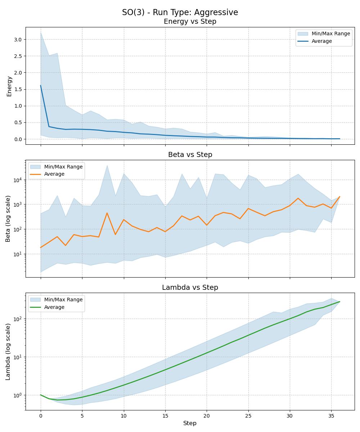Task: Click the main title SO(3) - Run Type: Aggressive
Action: (180, 12)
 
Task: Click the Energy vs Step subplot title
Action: (190, 22)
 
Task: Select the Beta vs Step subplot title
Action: (190, 154)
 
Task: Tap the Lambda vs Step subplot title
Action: (190, 287)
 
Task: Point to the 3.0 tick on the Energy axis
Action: (18, 39)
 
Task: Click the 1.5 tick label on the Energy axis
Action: (18, 89)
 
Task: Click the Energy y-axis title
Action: (9, 86)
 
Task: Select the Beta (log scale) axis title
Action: (8, 219)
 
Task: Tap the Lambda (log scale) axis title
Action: (8, 351)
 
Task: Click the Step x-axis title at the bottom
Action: (190, 423)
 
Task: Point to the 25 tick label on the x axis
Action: (248, 416)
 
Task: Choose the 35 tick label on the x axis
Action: (331, 416)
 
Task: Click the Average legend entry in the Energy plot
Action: (321, 41)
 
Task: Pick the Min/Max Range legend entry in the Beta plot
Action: (63, 167)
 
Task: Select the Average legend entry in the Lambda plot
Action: (54, 307)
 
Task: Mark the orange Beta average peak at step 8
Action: (107, 213)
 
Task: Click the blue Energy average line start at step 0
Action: (41, 86)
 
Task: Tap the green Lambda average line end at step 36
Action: (339, 302)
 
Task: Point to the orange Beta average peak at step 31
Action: (298, 198)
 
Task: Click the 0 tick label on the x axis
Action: (41, 416)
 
